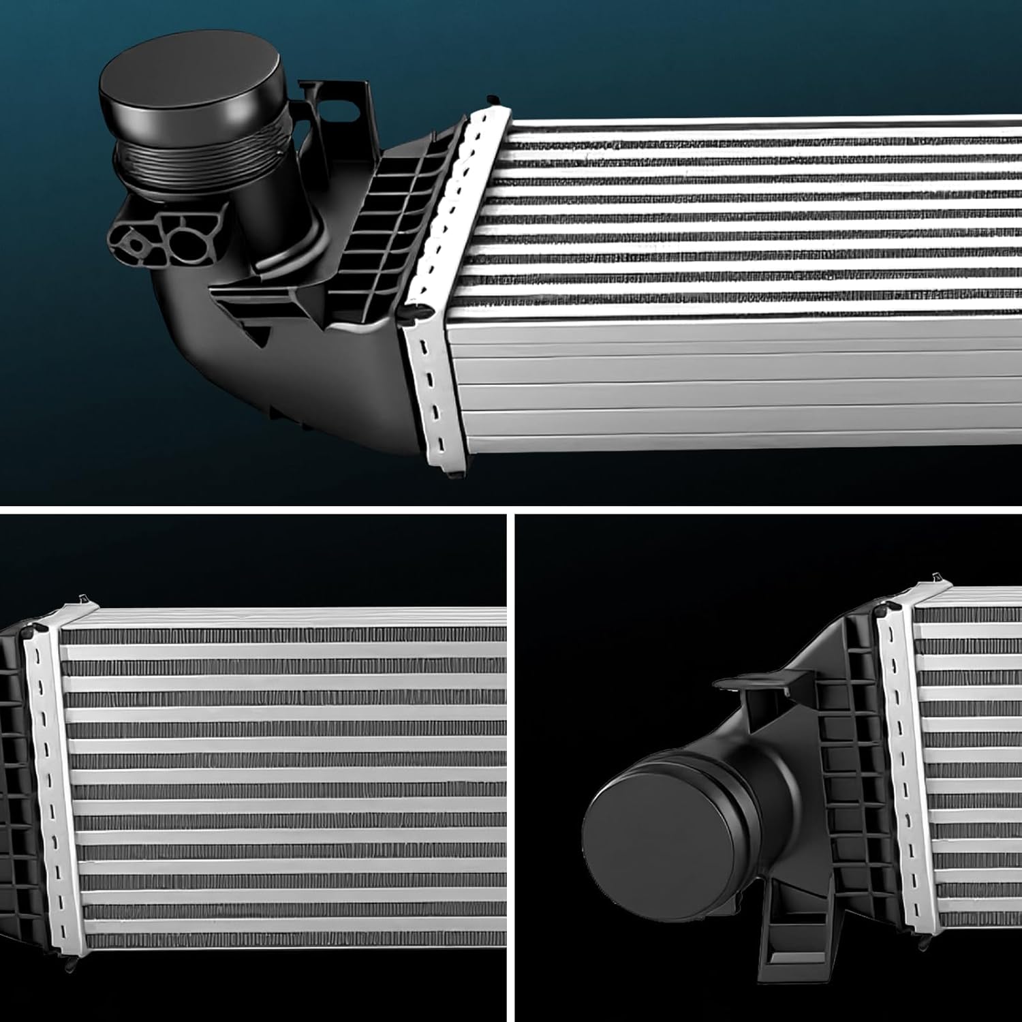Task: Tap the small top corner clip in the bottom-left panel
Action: click(82, 599)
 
